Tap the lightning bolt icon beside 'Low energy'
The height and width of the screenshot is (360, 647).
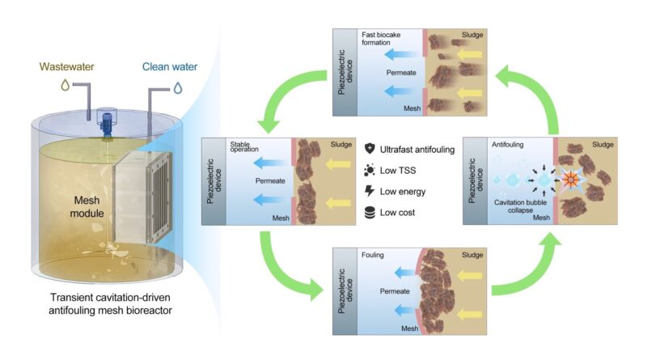pyautogui.click(x=370, y=191)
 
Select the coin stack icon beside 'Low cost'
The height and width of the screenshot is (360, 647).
pyautogui.click(x=370, y=212)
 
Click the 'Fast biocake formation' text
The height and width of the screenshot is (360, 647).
pyautogui.click(x=381, y=40)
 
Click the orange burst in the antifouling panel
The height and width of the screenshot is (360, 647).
pyautogui.click(x=569, y=176)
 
